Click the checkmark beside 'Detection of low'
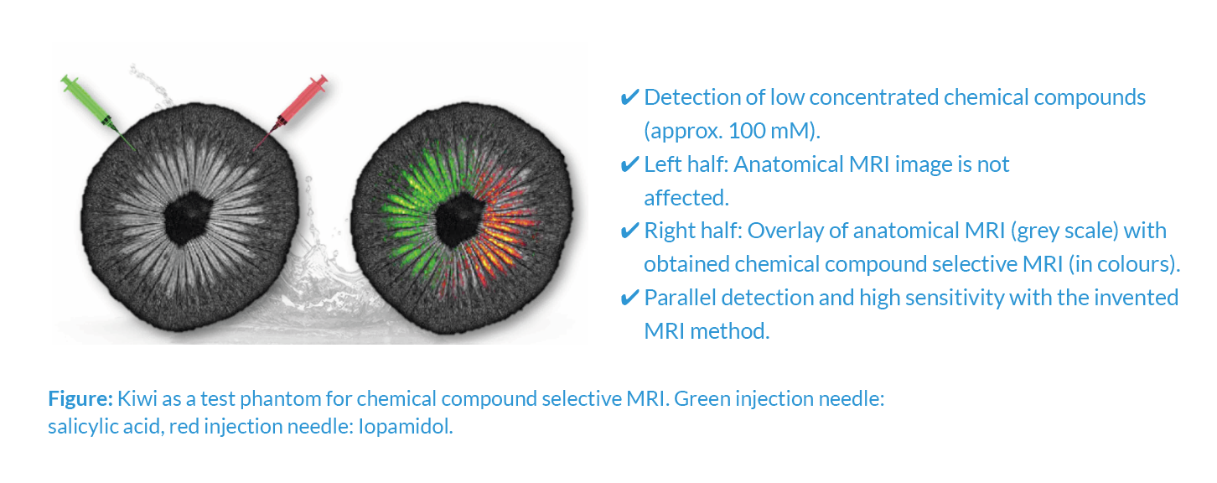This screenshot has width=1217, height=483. pyautogui.click(x=629, y=98)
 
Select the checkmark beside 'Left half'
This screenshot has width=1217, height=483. pyautogui.click(x=629, y=164)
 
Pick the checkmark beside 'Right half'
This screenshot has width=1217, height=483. pyautogui.click(x=629, y=231)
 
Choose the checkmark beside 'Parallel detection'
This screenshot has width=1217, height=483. pyautogui.click(x=629, y=298)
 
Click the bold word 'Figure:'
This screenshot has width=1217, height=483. pyautogui.click(x=80, y=399)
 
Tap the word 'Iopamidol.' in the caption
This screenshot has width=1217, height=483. pyautogui.click(x=406, y=427)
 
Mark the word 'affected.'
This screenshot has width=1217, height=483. pyautogui.click(x=686, y=198)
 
